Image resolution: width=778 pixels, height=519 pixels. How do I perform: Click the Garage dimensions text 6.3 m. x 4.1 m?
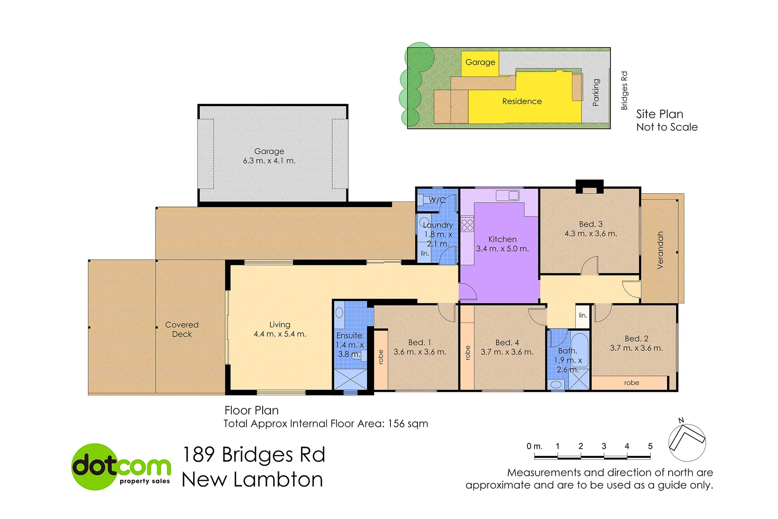[269, 161]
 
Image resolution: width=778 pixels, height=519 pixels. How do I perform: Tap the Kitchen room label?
[502, 239]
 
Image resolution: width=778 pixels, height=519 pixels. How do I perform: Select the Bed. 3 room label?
[591, 224]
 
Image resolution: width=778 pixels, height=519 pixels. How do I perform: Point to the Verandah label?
[660, 250]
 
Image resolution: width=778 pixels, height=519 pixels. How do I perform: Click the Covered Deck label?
[182, 329]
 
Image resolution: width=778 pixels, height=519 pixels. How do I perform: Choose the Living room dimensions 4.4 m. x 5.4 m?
[280, 334]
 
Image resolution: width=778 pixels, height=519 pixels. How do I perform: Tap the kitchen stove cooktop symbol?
[467, 224]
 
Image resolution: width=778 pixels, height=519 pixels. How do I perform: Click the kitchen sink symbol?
[508, 196]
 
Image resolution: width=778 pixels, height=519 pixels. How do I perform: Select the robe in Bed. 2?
[631, 383]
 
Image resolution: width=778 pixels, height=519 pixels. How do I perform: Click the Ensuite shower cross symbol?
[350, 380]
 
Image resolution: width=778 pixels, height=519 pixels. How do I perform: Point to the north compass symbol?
[687, 441]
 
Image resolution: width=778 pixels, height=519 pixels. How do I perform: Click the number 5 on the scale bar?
[650, 446]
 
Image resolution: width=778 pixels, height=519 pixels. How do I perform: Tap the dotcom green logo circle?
[96, 467]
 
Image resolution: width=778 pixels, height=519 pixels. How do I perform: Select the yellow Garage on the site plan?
[480, 62]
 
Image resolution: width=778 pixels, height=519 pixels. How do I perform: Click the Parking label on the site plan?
[596, 92]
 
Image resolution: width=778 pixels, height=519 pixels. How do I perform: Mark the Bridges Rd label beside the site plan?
[624, 90]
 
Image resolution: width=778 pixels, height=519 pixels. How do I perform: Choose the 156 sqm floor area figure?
[408, 424]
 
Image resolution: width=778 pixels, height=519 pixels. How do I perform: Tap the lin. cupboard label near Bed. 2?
[583, 316]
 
